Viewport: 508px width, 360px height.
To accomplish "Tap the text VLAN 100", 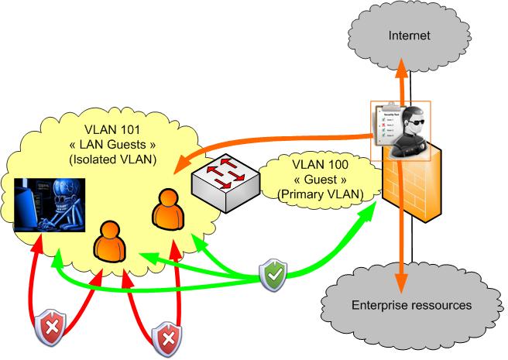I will (x=322, y=165).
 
